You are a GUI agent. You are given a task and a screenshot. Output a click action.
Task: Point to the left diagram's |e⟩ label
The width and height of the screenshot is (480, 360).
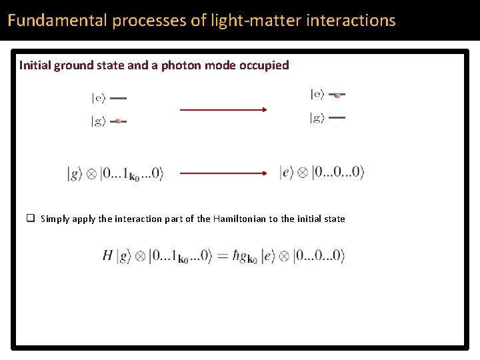tap(98, 98)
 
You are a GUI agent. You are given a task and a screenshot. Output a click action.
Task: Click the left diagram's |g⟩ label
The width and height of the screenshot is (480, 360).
tap(98, 121)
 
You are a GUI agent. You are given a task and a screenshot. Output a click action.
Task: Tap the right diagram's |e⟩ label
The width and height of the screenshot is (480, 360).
tap(317, 95)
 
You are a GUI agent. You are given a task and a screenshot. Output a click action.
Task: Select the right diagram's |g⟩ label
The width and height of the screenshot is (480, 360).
tap(317, 118)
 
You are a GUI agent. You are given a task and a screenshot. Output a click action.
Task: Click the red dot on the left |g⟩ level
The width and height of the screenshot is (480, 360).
tap(118, 121)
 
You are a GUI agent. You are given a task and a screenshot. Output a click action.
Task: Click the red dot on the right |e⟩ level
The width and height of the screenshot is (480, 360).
tap(337, 95)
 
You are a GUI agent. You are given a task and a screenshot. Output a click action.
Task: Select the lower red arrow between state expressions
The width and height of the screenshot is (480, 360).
tap(223, 173)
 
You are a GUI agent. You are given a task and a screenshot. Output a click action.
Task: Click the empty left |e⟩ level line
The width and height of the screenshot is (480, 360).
tap(118, 98)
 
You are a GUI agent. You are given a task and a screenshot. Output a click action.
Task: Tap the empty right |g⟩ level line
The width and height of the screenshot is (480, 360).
tap(337, 118)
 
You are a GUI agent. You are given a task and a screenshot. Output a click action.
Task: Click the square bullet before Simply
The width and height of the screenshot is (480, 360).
tap(31, 218)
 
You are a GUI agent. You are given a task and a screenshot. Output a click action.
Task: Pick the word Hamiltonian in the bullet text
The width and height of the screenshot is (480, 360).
tap(239, 219)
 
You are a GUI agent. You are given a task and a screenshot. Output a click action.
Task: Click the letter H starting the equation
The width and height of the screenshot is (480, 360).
tap(107, 255)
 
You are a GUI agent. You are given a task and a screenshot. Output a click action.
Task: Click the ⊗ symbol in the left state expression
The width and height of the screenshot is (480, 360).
tap(91, 174)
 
